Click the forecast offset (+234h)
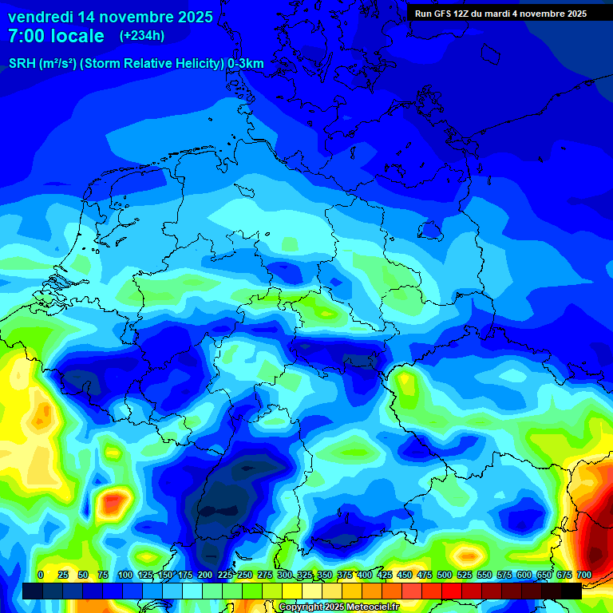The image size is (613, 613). [142, 36]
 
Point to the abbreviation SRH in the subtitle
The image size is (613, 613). [22, 64]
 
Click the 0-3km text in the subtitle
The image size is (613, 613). [246, 64]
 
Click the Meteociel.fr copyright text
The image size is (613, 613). [339, 607]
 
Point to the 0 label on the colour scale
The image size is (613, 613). [41, 575]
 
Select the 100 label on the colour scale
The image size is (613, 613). [125, 575]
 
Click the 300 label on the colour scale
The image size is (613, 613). [285, 575]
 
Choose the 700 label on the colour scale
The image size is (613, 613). [584, 575]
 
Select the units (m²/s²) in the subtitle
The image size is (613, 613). [57, 64]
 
